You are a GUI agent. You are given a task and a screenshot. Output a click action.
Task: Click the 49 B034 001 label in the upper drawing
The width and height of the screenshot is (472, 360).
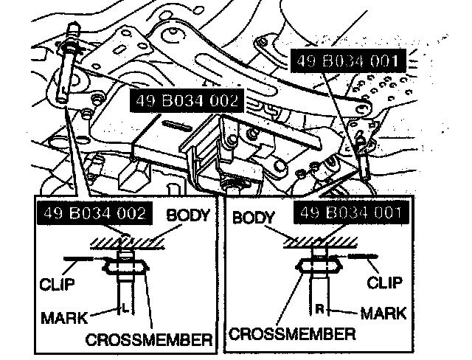(348, 60)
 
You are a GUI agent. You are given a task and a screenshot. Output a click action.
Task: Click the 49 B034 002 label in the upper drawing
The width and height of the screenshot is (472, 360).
(187, 100)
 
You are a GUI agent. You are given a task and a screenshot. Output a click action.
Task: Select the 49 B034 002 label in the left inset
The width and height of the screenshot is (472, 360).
(95, 213)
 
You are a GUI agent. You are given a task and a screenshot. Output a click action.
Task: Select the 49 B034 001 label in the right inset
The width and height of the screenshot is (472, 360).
(351, 212)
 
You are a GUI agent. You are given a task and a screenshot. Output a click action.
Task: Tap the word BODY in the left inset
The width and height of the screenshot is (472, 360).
(188, 215)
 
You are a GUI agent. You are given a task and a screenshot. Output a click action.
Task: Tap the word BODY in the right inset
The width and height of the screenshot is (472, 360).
(254, 218)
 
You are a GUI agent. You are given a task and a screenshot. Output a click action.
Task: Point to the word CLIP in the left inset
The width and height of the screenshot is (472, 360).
(57, 284)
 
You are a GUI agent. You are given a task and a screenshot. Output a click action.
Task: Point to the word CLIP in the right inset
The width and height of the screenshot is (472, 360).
(384, 283)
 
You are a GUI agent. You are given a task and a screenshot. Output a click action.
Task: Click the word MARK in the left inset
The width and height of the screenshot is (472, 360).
(64, 318)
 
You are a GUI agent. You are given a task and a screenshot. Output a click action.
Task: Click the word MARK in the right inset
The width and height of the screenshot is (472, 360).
(383, 313)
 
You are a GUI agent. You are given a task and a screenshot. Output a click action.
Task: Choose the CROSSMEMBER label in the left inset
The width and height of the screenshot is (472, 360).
(149, 339)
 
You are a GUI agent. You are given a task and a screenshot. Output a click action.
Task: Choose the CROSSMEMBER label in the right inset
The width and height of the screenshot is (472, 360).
(292, 333)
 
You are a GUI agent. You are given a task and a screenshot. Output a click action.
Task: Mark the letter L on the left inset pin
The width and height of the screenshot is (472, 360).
(125, 308)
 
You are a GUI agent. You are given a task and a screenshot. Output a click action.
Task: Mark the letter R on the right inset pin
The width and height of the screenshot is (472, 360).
(319, 308)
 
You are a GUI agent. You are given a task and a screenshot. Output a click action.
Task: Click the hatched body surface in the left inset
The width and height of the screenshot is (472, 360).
(128, 243)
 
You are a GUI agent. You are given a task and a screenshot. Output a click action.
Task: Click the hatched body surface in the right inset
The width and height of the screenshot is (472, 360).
(321, 242)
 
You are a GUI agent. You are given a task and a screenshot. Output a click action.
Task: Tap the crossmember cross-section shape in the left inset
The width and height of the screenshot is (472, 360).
(126, 267)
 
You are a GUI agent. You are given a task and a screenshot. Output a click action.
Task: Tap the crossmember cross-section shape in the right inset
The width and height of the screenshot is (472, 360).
(319, 266)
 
